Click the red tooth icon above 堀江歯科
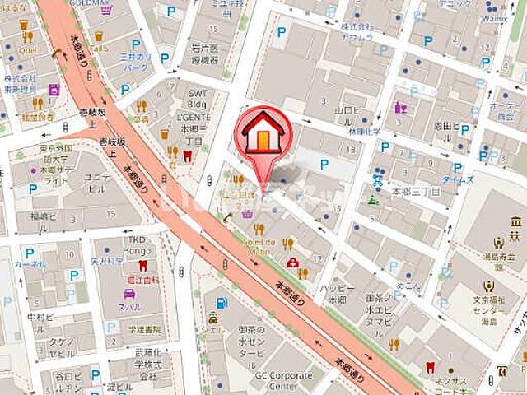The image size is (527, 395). point(142,266)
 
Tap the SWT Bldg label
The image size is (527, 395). point(198,100)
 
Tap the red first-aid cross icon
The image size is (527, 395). point(293,263)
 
